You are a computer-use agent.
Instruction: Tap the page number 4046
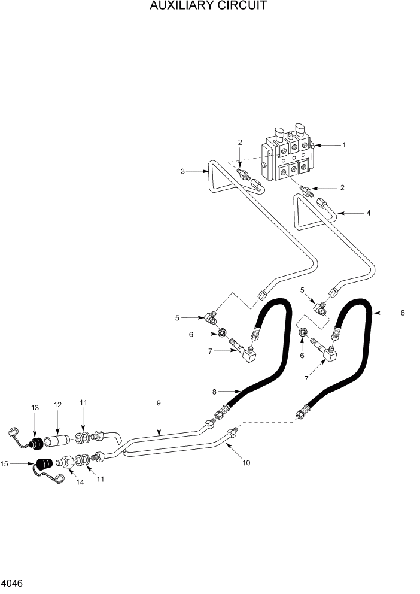coord(13,583)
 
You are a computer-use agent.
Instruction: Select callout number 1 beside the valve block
coord(344,145)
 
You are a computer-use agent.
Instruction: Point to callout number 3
coord(182,171)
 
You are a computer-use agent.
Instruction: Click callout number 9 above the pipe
coord(159,403)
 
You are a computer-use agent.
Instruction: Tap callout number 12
coord(57,405)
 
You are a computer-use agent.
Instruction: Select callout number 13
coord(34,408)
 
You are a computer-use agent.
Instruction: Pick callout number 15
coord(5,463)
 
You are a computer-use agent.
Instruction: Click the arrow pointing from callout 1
coord(327,145)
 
